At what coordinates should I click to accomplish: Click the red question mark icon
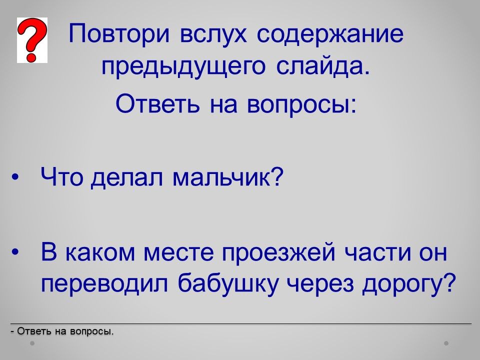pos(32,40)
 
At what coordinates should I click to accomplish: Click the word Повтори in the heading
pos(119,33)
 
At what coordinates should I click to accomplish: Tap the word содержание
pos(330,33)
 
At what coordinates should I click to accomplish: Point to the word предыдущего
pos(183,68)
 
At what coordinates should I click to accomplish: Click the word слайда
pos(323,66)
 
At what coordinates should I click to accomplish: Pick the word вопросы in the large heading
pos(301,104)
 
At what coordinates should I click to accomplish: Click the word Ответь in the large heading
pos(158,103)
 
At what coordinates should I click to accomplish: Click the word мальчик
pos(228,176)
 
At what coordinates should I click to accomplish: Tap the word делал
pos(127,178)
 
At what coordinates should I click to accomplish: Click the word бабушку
pos(228,282)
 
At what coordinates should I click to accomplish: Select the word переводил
pos(104,283)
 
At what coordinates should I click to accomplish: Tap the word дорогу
pos(408,284)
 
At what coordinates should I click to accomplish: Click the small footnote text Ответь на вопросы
pos(62,331)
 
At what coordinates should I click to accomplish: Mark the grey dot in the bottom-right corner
pos(446,343)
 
